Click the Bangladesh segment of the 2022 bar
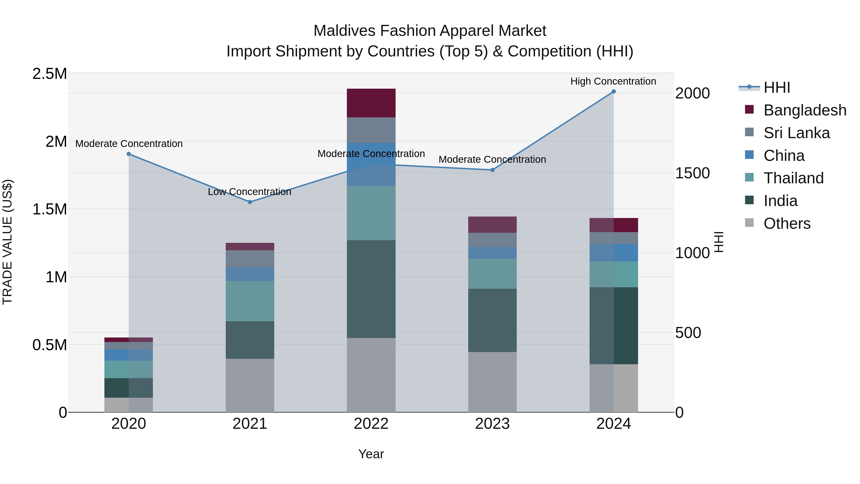tap(371, 103)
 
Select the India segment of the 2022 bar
tap(371, 289)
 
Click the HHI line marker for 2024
tap(614, 92)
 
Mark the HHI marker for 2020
tap(129, 154)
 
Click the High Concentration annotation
tap(613, 81)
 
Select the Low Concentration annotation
tap(249, 192)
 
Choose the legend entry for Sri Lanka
tap(796, 133)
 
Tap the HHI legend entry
tap(777, 87)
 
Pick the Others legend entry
tap(787, 223)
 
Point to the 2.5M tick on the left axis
tap(49, 74)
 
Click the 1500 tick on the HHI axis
tap(692, 173)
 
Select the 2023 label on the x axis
tap(492, 424)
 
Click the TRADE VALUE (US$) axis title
tap(7, 242)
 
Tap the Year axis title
tap(371, 454)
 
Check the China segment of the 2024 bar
tap(614, 253)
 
